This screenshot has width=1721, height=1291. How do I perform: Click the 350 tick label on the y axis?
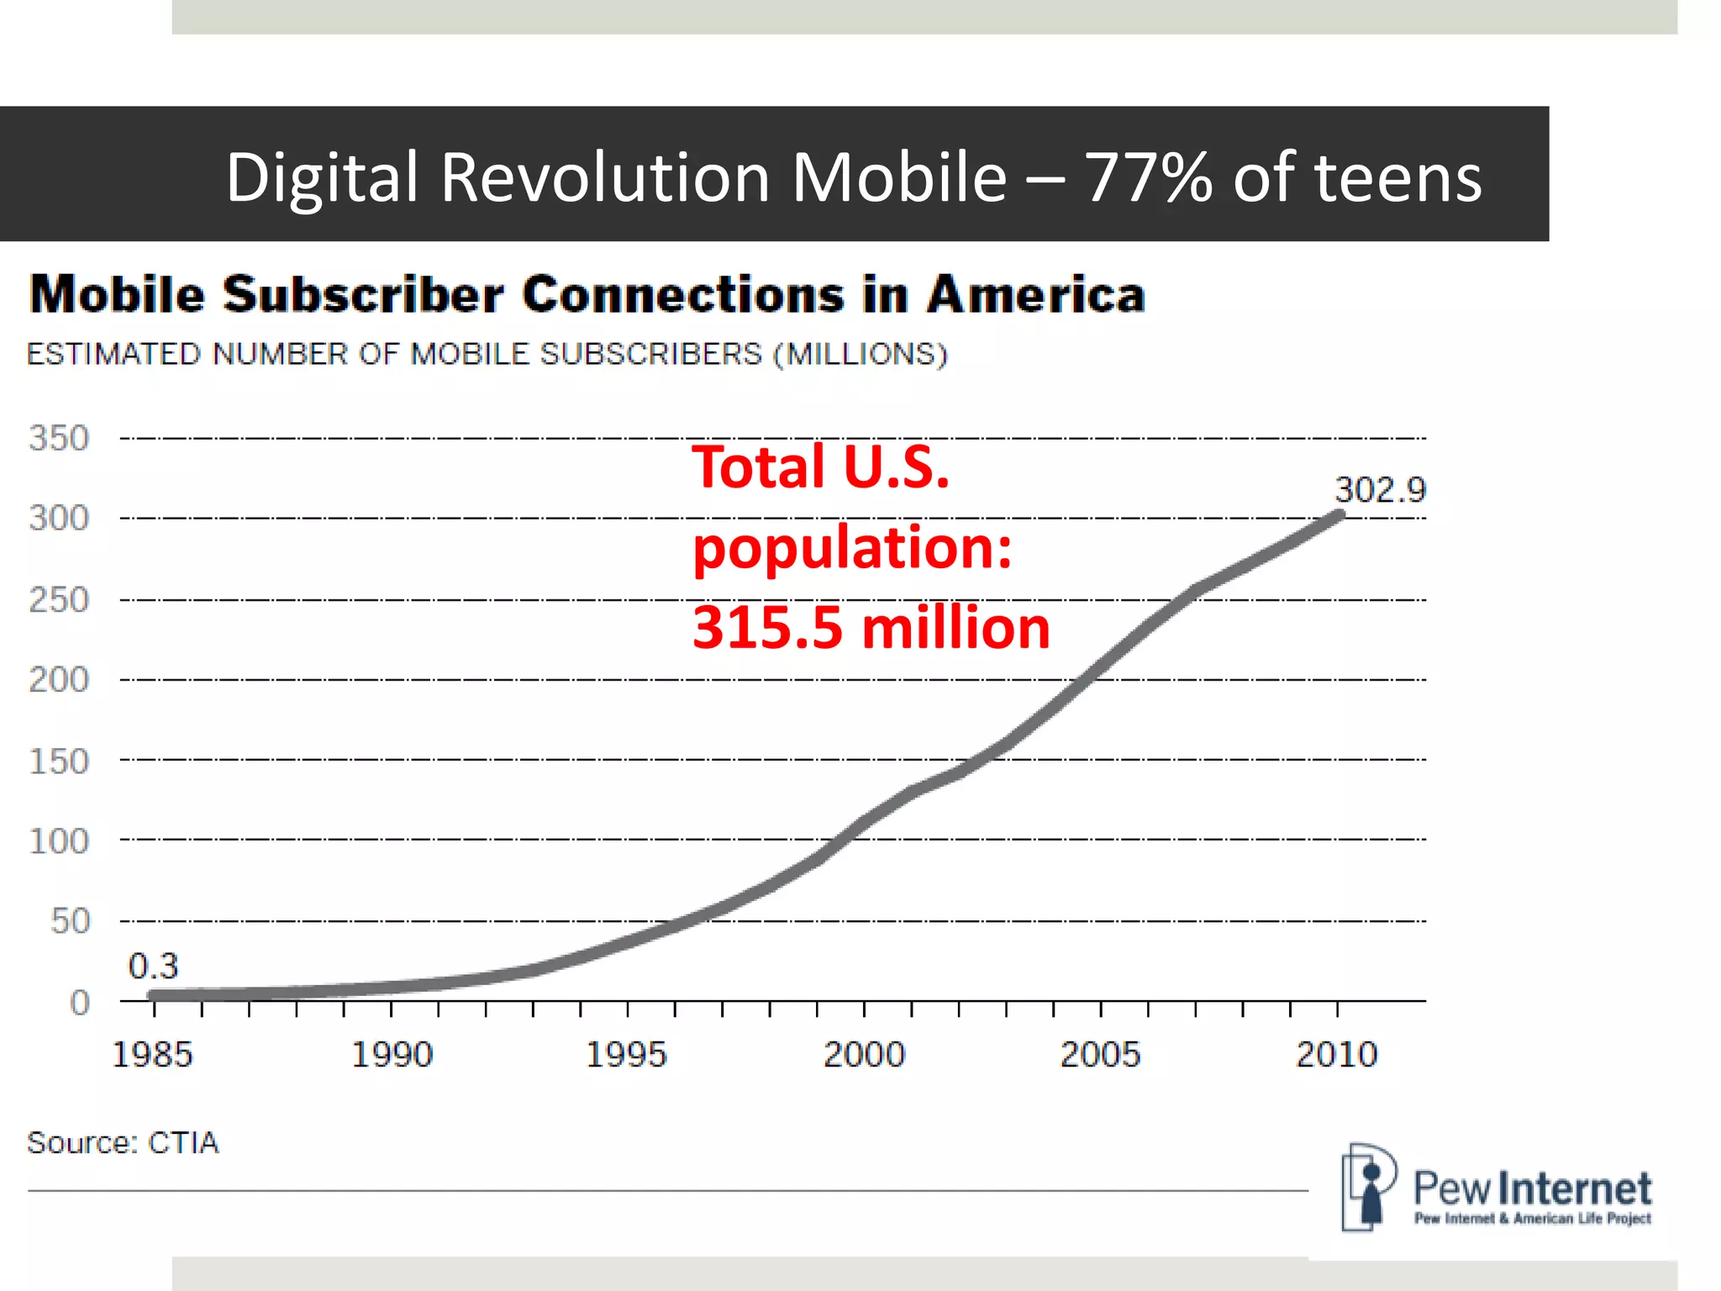click(59, 438)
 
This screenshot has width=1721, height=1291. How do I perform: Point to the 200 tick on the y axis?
click(59, 679)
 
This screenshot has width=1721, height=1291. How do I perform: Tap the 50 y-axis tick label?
click(70, 921)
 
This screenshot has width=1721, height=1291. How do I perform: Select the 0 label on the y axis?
click(79, 1002)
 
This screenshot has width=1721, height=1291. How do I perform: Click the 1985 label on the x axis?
click(152, 1054)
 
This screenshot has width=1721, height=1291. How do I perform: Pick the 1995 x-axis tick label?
click(626, 1054)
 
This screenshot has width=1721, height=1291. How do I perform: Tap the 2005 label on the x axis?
click(1100, 1054)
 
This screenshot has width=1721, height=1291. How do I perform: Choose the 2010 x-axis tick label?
click(1337, 1054)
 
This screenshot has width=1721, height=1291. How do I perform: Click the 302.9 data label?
click(1380, 490)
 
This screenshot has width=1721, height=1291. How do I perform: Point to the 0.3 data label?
click(153, 966)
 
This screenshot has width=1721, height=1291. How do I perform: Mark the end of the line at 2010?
click(1339, 515)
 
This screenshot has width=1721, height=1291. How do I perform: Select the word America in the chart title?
click(1035, 295)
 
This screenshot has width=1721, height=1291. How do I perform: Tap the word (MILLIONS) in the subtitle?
click(860, 354)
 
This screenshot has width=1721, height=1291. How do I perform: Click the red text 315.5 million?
click(871, 628)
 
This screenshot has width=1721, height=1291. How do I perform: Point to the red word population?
click(852, 547)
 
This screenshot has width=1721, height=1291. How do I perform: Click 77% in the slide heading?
click(1148, 177)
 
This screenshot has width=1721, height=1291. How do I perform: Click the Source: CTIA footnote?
click(123, 1143)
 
